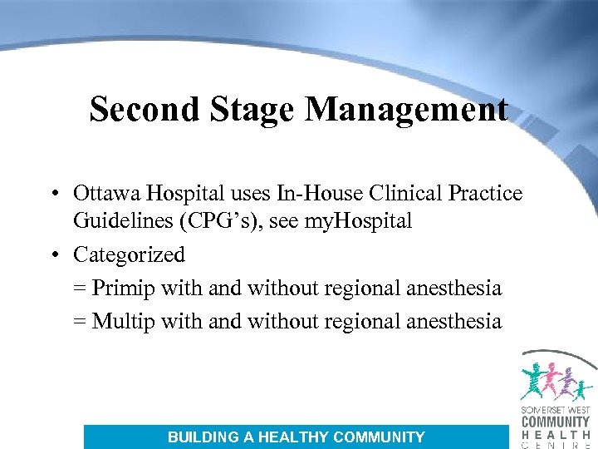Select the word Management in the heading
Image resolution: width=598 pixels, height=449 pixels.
[407, 109]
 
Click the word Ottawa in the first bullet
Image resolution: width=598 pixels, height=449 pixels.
[107, 194]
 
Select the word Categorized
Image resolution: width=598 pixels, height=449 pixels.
[129, 254]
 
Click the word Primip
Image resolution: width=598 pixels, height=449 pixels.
[121, 288]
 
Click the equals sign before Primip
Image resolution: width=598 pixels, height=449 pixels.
[80, 289]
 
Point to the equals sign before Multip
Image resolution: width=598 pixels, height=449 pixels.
[80, 322]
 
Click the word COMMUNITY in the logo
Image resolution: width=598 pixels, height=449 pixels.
[556, 422]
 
